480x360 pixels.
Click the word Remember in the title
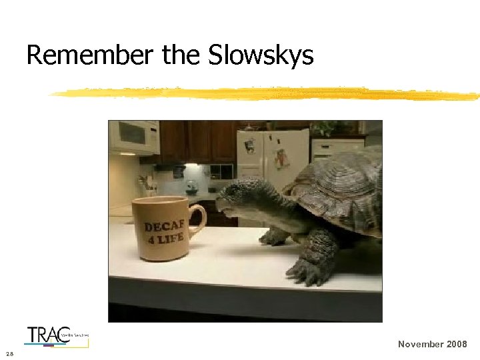89,55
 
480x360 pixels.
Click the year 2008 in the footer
457,344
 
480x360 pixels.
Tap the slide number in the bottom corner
8,353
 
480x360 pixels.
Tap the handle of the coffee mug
197,219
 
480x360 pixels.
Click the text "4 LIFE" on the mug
167,238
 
